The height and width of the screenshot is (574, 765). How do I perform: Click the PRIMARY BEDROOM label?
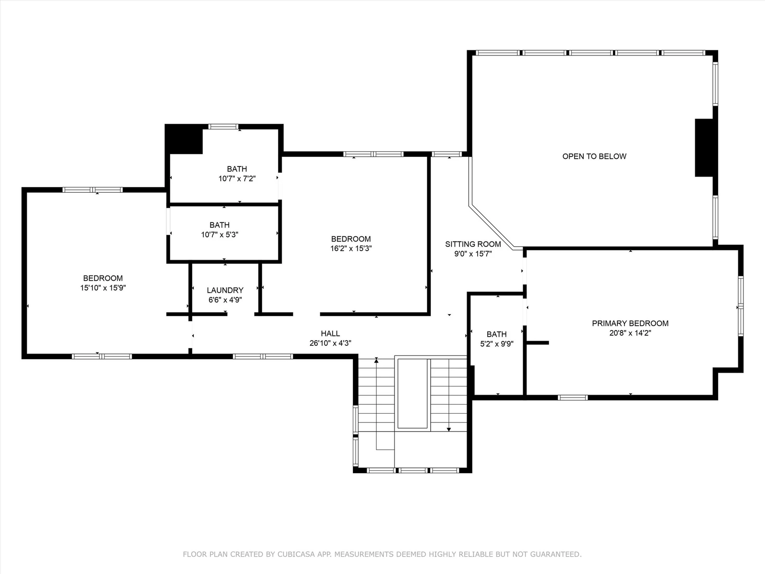tap(630, 323)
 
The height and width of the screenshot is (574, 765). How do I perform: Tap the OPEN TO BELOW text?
tap(594, 156)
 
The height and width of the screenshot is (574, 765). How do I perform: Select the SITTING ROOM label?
tap(473, 244)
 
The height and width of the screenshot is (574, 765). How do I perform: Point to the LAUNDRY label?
tap(225, 290)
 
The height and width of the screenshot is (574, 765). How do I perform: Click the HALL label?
tap(330, 333)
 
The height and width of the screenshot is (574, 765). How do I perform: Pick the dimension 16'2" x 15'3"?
tap(351, 248)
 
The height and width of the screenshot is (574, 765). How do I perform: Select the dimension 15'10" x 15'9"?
tap(103, 287)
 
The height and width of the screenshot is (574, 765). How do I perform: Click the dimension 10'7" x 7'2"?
tap(237, 178)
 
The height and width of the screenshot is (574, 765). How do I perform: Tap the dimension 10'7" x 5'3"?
tap(219, 234)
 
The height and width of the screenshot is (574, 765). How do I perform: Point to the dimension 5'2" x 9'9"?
tap(497, 344)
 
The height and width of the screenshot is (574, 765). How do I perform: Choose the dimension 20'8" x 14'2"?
tap(630, 333)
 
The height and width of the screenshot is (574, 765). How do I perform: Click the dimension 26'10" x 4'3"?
tap(330, 343)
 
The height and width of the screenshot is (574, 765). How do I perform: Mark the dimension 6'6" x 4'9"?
tap(225, 300)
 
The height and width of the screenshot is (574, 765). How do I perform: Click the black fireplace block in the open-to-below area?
tap(704, 148)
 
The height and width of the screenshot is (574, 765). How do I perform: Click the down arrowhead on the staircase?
tap(449, 430)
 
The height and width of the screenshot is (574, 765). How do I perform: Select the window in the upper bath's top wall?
tap(223, 126)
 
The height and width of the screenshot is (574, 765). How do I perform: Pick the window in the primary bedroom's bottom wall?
tap(573, 397)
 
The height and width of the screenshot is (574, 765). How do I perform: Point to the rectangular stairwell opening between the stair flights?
tap(413, 394)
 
